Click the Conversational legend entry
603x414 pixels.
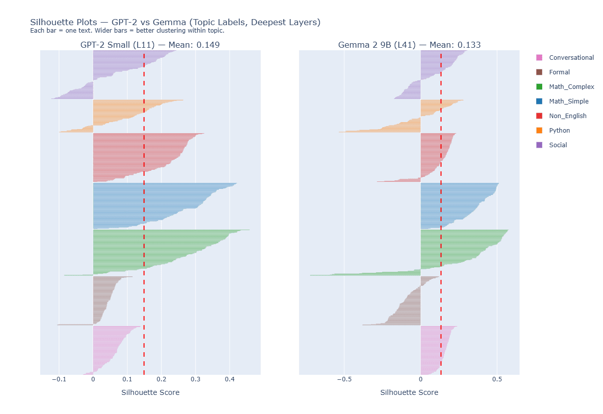pos(571,58)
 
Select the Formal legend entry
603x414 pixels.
pos(559,72)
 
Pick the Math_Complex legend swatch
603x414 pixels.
pos(539,87)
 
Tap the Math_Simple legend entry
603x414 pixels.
pos(568,101)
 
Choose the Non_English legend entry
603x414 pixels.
pos(567,116)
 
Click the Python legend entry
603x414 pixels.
pos(559,131)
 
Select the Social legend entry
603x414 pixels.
pos(558,145)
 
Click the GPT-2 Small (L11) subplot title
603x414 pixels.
pos(150,45)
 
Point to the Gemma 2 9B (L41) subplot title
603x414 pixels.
pos(409,45)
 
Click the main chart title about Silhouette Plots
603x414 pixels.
pos(175,22)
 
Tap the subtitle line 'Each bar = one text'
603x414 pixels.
pos(127,31)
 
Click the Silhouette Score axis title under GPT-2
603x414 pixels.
pos(150,392)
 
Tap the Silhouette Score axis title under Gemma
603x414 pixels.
pos(409,392)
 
